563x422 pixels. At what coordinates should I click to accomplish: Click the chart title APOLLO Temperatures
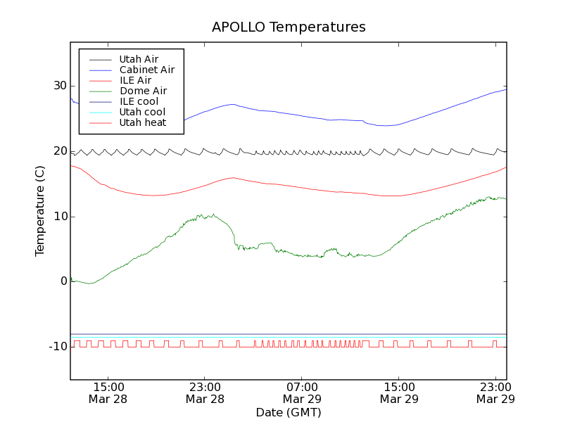pyautogui.click(x=289, y=27)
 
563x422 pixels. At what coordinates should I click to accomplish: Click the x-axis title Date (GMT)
pyautogui.click(x=289, y=412)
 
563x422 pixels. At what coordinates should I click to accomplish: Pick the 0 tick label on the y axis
pyautogui.click(x=63, y=281)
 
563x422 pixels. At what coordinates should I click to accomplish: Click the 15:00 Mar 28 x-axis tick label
pyautogui.click(x=108, y=392)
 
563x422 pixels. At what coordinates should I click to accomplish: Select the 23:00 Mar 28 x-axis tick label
pyautogui.click(x=205, y=392)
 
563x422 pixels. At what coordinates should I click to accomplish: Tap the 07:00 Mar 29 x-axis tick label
pyautogui.click(x=302, y=392)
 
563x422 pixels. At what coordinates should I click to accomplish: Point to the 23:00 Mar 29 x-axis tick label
pyautogui.click(x=495, y=392)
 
